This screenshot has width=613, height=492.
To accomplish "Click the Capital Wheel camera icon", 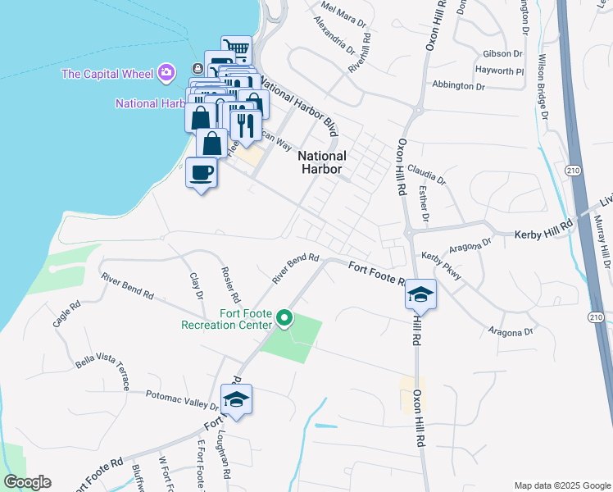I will pyautogui.click(x=167, y=74).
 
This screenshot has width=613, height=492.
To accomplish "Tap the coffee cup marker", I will pyautogui.click(x=202, y=173).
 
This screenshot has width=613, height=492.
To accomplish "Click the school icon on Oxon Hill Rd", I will pyautogui.click(x=420, y=294).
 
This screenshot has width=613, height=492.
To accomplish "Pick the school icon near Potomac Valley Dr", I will pyautogui.click(x=237, y=399).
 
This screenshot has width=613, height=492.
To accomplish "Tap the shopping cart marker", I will pyautogui.click(x=236, y=49).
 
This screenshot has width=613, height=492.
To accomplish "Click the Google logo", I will pyautogui.click(x=27, y=482).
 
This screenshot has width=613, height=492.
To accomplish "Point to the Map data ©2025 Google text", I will pyautogui.click(x=561, y=485).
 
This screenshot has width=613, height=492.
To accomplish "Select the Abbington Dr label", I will pyautogui.click(x=459, y=85).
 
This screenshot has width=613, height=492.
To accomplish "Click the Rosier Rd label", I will pyautogui.click(x=229, y=284).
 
